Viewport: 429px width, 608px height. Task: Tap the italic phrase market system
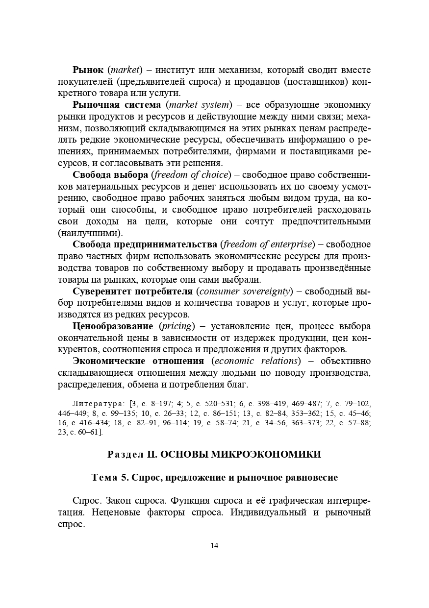pyautogui.click(x=198, y=105)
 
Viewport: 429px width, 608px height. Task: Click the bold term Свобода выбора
pyautogui.click(x=110, y=175)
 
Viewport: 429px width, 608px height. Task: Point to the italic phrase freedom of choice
pyautogui.click(x=191, y=175)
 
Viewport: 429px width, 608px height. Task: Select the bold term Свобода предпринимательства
pyautogui.click(x=145, y=245)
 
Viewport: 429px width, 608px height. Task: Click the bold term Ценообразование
pyautogui.click(x=113, y=327)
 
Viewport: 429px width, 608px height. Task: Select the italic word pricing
pyautogui.click(x=177, y=327)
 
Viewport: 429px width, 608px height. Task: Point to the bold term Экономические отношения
pyautogui.click(x=138, y=362)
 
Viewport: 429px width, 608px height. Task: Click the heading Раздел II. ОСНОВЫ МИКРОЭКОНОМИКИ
pyautogui.click(x=214, y=455)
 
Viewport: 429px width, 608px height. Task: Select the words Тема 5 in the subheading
pyautogui.click(x=110, y=477)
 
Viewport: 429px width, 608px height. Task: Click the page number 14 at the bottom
pyautogui.click(x=214, y=546)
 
